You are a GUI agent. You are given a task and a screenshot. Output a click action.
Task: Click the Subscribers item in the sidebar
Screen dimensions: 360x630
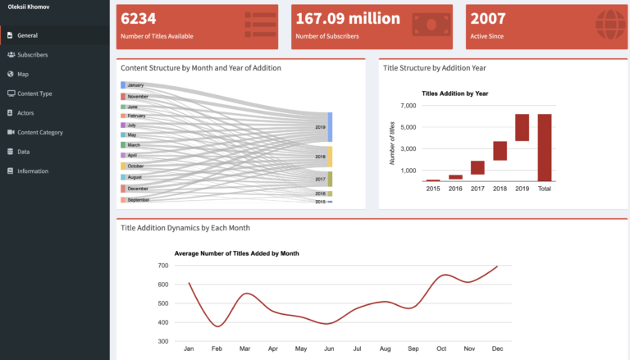[x=32, y=55]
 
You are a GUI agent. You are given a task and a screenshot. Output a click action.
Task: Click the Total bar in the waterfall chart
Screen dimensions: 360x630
[x=544, y=148]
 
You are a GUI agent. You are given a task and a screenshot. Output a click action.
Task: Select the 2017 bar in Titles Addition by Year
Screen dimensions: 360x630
[x=477, y=167]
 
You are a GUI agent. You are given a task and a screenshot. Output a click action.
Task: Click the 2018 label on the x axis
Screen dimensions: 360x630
[x=500, y=188]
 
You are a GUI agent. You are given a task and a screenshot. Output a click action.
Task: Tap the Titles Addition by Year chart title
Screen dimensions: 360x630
[x=454, y=93]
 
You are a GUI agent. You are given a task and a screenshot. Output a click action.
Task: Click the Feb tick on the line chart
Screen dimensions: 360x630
[x=217, y=349]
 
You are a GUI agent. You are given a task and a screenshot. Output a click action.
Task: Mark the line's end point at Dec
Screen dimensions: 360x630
[x=497, y=267]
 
